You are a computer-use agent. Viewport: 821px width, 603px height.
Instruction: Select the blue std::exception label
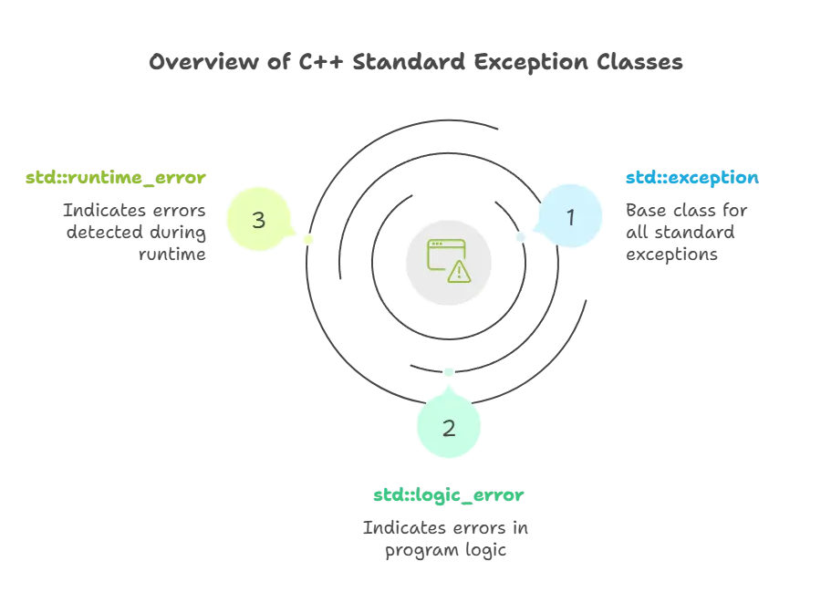click(691, 177)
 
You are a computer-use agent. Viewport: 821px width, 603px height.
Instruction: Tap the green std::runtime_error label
click(114, 177)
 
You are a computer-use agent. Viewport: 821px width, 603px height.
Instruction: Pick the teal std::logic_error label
click(448, 495)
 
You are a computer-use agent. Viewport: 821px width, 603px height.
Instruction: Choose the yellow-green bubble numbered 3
click(259, 219)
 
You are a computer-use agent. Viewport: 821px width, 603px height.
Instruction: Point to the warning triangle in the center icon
click(459, 270)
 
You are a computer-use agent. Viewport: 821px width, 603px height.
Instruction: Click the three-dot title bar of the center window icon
click(446, 244)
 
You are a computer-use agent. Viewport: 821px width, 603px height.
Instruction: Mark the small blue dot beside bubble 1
click(522, 236)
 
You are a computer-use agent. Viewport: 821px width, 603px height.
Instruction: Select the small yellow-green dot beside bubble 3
click(309, 240)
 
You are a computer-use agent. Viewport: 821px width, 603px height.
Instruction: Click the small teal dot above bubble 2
click(448, 372)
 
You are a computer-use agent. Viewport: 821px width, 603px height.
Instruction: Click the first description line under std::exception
click(685, 211)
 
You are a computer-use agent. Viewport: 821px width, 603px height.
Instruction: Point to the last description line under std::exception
click(670, 255)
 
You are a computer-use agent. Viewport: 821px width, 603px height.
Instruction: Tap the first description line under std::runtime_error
click(134, 210)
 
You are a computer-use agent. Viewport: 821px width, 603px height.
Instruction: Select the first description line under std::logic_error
click(445, 530)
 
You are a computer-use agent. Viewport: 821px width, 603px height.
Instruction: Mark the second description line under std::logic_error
click(445, 552)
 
